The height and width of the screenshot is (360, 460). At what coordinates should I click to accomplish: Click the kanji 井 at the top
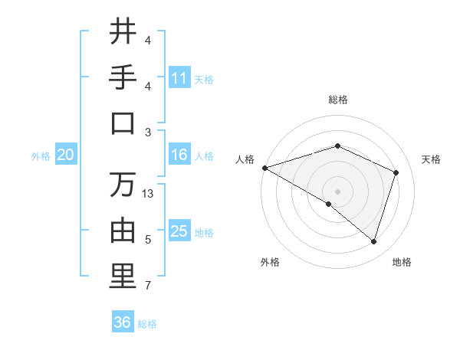coord(123,32)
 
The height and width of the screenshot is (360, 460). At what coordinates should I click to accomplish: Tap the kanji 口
coord(123,123)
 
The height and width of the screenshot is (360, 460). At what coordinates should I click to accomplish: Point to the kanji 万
coord(123,185)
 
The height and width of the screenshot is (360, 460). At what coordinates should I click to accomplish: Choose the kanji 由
coord(123,231)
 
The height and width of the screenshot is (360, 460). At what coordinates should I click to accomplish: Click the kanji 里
coord(123,277)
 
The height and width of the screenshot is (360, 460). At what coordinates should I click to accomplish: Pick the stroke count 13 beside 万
coord(148,194)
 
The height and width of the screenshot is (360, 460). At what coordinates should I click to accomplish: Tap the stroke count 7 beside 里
coord(148,286)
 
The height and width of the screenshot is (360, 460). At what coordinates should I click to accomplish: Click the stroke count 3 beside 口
coord(148,132)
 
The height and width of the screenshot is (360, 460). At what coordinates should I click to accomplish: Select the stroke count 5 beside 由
coord(148,240)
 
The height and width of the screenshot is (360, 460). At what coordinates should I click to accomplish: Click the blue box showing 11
coord(179,78)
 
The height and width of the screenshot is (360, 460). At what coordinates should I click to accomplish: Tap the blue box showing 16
coord(179,155)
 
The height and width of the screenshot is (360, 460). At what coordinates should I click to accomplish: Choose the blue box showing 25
coord(179,231)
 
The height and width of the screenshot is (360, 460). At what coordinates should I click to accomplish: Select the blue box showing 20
coord(65,155)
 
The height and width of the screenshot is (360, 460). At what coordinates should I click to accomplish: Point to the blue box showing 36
coord(123,322)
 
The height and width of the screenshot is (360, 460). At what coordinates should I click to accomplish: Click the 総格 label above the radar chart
coord(337,100)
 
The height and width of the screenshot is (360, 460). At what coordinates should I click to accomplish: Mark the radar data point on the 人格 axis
coord(264,167)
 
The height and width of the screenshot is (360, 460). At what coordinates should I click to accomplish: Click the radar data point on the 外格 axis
coord(329,204)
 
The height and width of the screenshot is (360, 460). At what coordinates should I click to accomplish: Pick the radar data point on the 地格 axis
coord(373,241)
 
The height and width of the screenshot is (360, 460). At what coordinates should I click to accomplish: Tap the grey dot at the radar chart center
coord(337,190)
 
